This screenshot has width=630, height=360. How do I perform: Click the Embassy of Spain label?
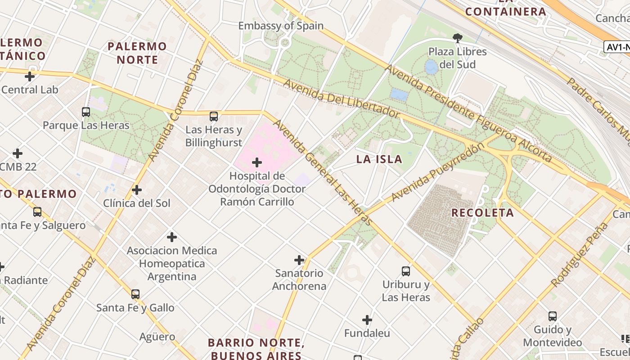click(281, 26)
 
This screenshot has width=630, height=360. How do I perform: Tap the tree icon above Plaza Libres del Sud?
click(458, 38)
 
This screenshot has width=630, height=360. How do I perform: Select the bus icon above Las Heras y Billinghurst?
click(214, 117)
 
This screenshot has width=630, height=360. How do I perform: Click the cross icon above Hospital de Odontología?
click(257, 162)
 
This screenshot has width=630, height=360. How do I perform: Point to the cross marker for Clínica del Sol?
click(137, 190)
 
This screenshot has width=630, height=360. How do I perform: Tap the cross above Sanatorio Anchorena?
click(299, 260)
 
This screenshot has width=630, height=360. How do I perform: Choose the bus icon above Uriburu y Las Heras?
click(406, 271)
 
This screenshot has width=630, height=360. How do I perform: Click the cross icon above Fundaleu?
click(367, 320)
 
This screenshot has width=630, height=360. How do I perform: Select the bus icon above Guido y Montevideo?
click(552, 316)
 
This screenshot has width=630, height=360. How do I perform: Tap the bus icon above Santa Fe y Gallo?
click(135, 294)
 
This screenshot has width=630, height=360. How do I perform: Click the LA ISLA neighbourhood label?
click(379, 159)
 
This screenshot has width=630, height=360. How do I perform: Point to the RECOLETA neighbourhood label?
click(482, 213)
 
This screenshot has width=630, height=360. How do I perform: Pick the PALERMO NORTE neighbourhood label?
click(137, 53)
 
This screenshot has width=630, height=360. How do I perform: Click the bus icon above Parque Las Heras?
click(86, 112)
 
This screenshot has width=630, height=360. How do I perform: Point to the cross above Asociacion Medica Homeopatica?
click(171, 237)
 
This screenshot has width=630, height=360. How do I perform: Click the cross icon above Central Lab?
click(30, 76)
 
